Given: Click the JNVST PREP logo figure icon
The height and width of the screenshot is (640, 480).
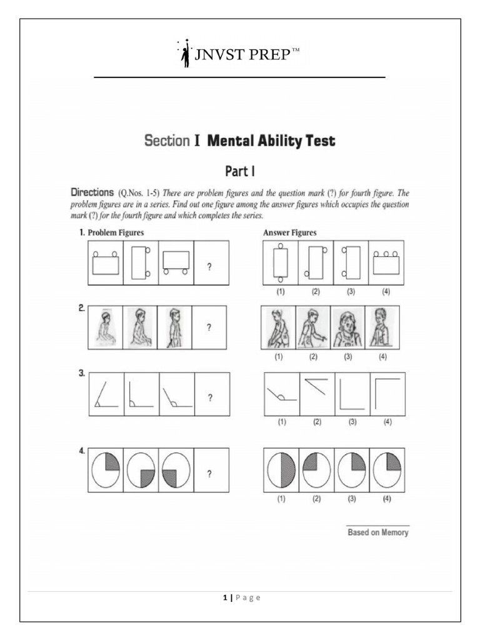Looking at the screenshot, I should pos(185,54).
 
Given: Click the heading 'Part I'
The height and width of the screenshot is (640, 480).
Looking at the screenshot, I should pos(239,170).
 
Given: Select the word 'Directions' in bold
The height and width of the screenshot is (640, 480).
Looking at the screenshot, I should pos(92,192).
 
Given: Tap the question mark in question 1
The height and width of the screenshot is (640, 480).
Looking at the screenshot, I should pos(209,266).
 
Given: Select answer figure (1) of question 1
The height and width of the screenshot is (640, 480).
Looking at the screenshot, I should pos(281,263).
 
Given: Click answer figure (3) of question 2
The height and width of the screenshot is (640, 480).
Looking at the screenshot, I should pos(347,327).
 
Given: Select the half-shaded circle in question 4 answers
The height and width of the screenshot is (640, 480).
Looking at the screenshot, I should pos(281,470).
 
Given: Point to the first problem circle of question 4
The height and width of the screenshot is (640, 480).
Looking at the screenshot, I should pos(106,471).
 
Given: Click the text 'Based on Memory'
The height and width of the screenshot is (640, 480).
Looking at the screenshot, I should pos(378,532).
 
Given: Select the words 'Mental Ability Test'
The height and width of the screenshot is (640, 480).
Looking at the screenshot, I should pos(271,141).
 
